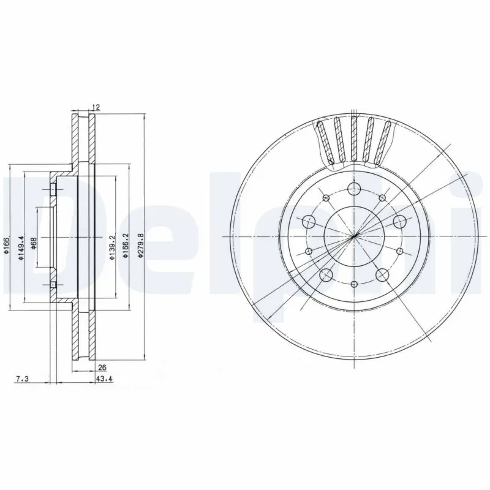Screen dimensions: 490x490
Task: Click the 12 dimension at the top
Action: (95, 107)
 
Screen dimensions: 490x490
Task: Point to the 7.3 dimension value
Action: (21, 380)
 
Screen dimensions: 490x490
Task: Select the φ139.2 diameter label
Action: (112, 247)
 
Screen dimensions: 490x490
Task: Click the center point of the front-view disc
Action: (354, 236)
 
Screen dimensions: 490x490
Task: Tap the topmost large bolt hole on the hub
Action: (354, 189)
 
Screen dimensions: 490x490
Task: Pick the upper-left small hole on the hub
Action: (326, 197)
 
